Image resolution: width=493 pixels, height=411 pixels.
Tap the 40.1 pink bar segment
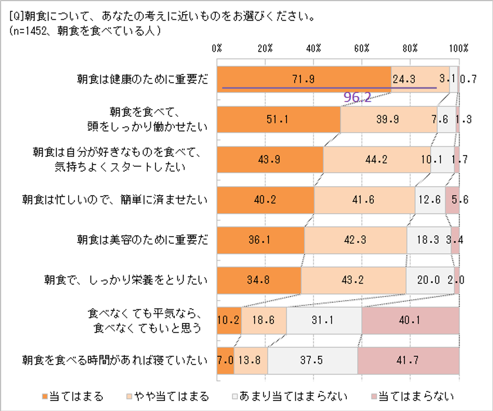click(x=410, y=320)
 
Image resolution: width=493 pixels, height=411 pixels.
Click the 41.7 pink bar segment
click(x=408, y=360)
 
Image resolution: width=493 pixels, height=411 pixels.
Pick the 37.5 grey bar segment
click(x=312, y=360)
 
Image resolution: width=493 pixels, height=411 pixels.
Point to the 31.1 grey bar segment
click(x=324, y=320)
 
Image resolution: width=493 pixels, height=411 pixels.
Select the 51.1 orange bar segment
click(x=279, y=119)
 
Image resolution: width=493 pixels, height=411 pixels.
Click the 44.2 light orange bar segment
click(x=377, y=159)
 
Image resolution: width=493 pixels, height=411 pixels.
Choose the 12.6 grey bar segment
click(x=430, y=200)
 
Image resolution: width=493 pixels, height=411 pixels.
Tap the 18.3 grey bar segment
click(x=429, y=240)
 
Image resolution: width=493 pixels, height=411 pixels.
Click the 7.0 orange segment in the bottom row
click(x=225, y=360)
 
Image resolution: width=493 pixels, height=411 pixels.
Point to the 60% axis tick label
click(x=362, y=48)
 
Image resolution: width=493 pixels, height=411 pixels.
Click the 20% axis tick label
click(x=265, y=48)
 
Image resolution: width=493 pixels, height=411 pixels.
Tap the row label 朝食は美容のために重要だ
click(x=143, y=240)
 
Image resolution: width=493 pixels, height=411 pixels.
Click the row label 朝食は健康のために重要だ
click(x=143, y=79)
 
